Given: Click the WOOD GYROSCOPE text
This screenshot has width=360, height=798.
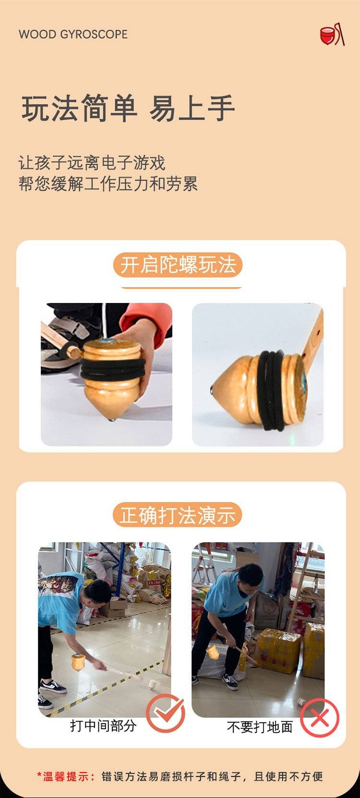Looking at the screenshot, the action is (x=73, y=34).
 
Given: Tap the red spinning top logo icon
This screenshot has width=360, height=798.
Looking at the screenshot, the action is (x=332, y=35).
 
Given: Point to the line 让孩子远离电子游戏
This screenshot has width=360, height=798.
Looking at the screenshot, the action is (x=92, y=163).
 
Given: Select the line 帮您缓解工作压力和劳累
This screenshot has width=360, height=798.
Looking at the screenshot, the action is (x=108, y=184).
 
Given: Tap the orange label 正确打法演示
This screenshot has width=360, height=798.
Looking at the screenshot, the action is (x=177, y=515).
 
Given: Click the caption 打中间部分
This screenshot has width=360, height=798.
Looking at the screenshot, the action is (x=103, y=725).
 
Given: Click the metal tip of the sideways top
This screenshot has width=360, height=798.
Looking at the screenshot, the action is (x=212, y=389).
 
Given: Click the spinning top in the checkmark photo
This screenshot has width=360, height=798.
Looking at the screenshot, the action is (x=78, y=661).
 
